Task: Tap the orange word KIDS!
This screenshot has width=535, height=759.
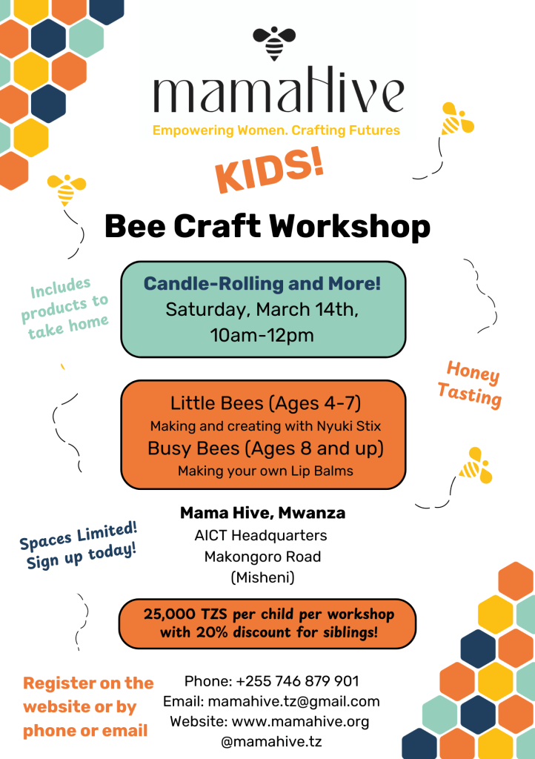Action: [270, 170]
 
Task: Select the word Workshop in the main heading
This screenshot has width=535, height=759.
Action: [350, 227]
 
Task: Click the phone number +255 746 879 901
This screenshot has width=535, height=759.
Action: [297, 681]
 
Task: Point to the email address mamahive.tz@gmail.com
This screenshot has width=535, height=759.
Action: [293, 701]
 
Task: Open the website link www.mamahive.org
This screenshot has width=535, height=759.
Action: [300, 722]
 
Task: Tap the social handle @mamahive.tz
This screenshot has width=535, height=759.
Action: [271, 741]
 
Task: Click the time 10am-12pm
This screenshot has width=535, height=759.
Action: [262, 335]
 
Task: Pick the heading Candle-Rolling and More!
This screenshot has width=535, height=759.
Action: [262, 284]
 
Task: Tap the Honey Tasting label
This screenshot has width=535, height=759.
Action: [470, 385]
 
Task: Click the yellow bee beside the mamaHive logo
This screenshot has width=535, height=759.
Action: [456, 119]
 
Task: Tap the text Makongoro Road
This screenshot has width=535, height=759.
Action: [262, 557]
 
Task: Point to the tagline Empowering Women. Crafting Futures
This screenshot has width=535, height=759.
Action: [276, 130]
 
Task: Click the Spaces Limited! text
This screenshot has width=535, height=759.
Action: [79, 536]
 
